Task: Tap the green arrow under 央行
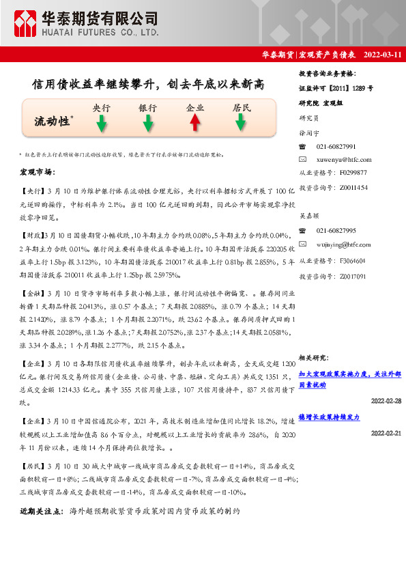tap(101, 123)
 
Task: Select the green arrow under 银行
tap(147, 123)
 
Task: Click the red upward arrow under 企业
tap(194, 122)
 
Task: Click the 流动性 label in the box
tap(53, 121)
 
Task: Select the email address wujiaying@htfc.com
tap(345, 244)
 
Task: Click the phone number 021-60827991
tap(336, 147)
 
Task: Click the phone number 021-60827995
tap(336, 232)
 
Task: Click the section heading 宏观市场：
tap(37, 171)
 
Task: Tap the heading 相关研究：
tap(315, 357)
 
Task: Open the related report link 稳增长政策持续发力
tap(329, 417)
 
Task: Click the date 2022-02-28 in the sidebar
tap(386, 401)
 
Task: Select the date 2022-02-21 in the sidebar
tap(386, 434)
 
